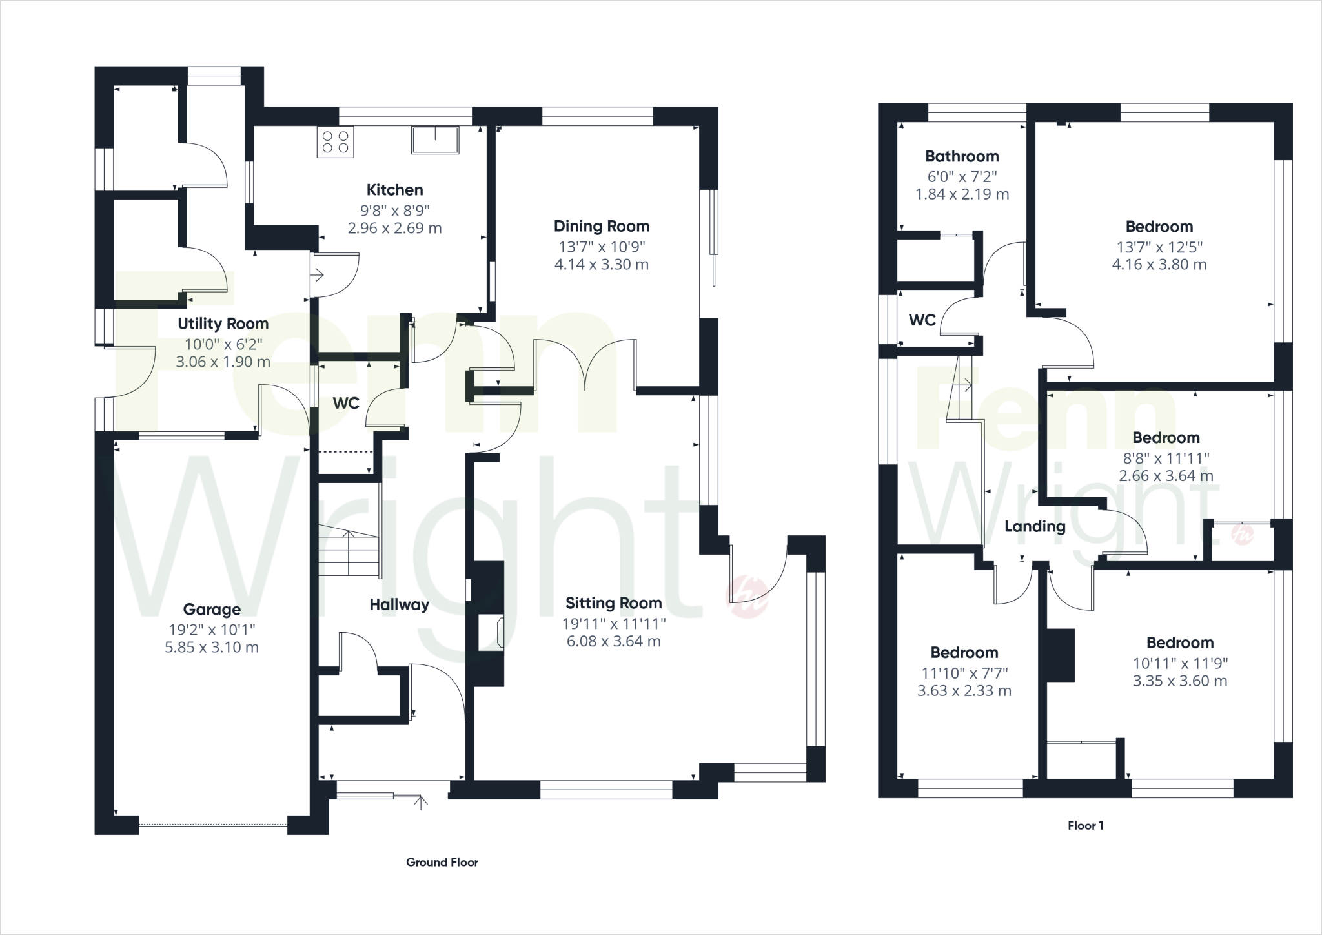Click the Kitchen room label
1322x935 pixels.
point(394,190)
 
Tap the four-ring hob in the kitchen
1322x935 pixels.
point(335,143)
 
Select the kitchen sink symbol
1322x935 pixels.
point(435,140)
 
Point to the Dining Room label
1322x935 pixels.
point(601,226)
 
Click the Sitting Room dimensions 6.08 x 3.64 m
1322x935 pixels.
point(613,641)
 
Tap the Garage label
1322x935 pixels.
point(212,609)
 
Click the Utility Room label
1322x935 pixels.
point(223,324)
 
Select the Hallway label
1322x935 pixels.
point(399,604)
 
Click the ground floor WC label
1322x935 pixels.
point(345,404)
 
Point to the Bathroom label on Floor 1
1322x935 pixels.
point(961,156)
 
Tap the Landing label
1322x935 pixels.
point(1034,526)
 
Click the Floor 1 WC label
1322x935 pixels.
point(922,320)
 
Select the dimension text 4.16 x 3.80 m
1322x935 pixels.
point(1159,264)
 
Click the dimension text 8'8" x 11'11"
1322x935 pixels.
point(1166,458)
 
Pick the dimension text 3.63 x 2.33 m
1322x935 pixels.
point(964,691)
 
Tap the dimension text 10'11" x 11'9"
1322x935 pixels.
point(1180,663)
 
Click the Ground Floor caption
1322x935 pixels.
point(442,862)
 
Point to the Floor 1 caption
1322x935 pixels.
point(1085,825)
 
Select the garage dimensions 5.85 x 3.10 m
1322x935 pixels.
point(212,648)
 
